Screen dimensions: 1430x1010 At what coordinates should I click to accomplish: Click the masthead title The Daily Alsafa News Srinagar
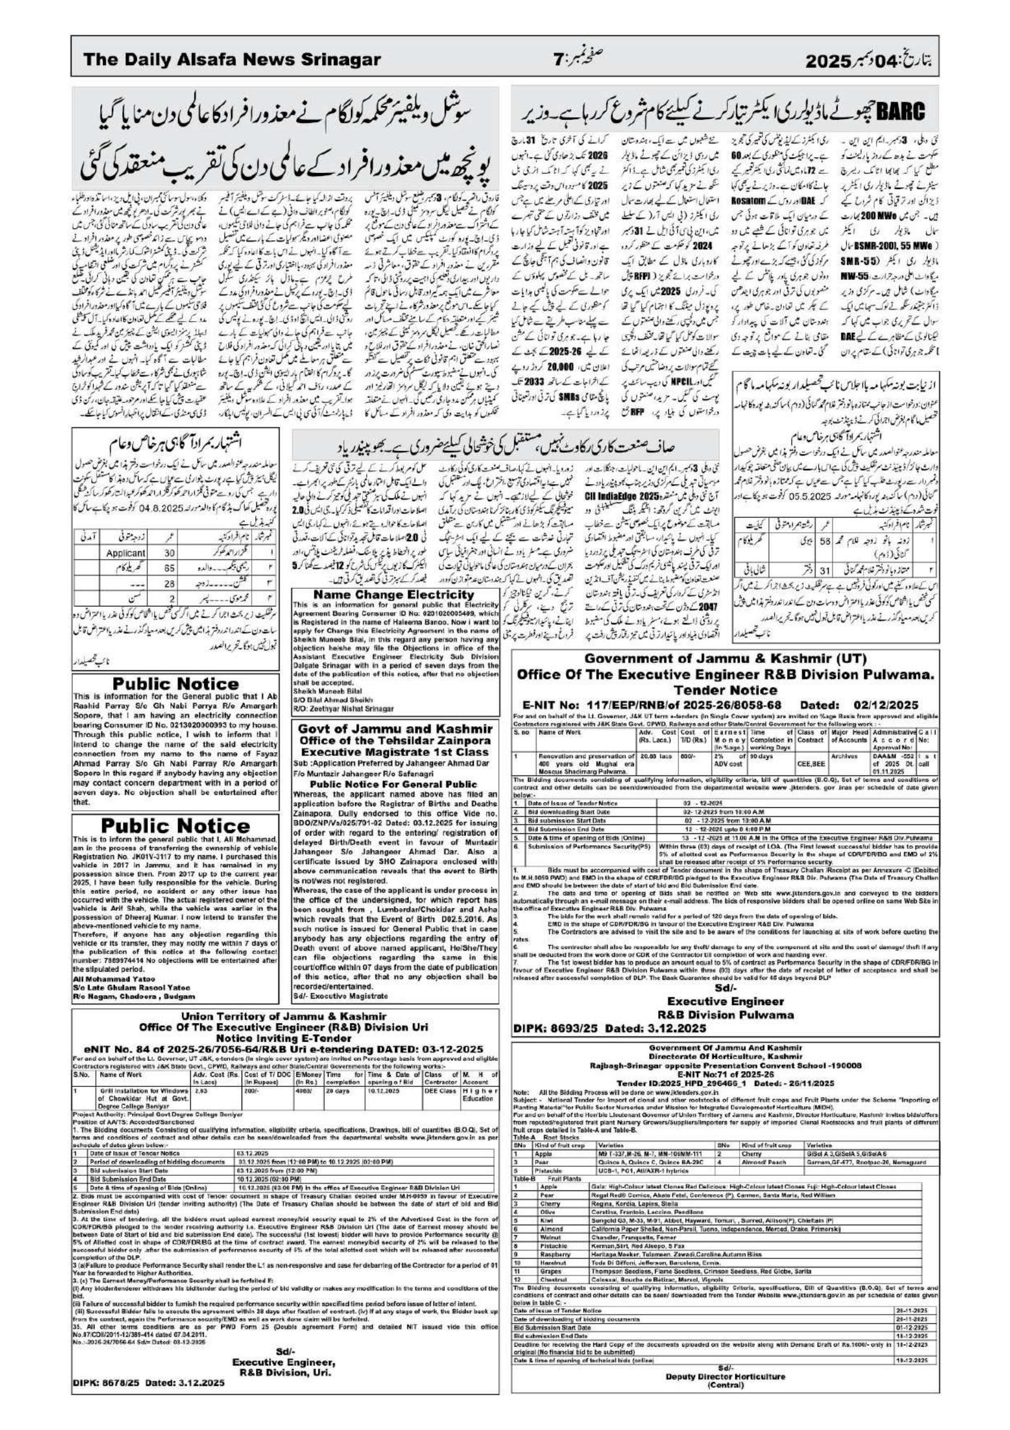(231, 60)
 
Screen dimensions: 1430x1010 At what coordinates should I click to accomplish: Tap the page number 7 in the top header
(558, 60)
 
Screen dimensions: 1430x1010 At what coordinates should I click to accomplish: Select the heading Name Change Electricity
(394, 595)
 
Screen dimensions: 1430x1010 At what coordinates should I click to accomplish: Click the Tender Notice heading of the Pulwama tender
(725, 690)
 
